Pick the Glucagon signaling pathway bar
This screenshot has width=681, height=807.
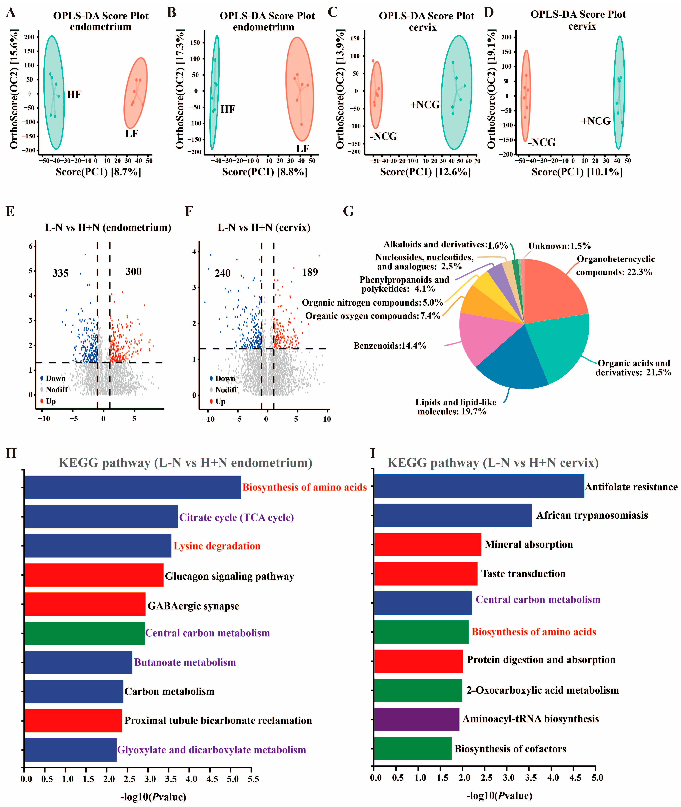pyautogui.click(x=94, y=575)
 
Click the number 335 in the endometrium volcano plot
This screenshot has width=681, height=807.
pyautogui.click(x=61, y=273)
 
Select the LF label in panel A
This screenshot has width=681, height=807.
pyautogui.click(x=132, y=134)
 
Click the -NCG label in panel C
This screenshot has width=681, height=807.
pyautogui.click(x=383, y=136)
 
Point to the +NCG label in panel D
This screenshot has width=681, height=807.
pyautogui.click(x=596, y=121)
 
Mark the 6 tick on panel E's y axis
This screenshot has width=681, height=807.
pyautogui.click(x=30, y=246)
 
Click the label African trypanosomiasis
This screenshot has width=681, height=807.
pyautogui.click(x=592, y=515)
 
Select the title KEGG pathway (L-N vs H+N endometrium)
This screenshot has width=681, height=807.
pyautogui.click(x=185, y=463)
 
